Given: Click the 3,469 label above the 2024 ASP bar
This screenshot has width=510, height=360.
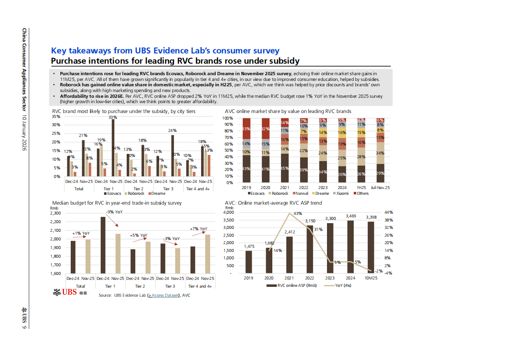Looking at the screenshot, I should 351,216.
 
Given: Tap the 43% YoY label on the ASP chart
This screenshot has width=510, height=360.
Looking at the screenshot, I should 298,213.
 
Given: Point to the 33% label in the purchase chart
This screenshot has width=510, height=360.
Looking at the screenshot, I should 112,118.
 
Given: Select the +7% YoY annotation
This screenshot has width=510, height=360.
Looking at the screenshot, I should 199,229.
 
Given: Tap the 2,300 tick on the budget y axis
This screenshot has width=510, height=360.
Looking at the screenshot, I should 55,213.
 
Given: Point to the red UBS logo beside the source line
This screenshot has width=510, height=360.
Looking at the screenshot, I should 65,293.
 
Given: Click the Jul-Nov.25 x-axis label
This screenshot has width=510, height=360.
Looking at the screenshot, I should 380,187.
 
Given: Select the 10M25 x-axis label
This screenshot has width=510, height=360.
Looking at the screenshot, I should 371,278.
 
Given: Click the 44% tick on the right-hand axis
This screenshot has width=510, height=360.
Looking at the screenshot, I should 388,212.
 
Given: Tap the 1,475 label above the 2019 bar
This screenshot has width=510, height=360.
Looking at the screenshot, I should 249,246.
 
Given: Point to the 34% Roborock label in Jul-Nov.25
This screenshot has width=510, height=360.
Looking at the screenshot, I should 380,153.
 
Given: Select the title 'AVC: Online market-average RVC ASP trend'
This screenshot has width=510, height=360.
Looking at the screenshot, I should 273,203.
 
